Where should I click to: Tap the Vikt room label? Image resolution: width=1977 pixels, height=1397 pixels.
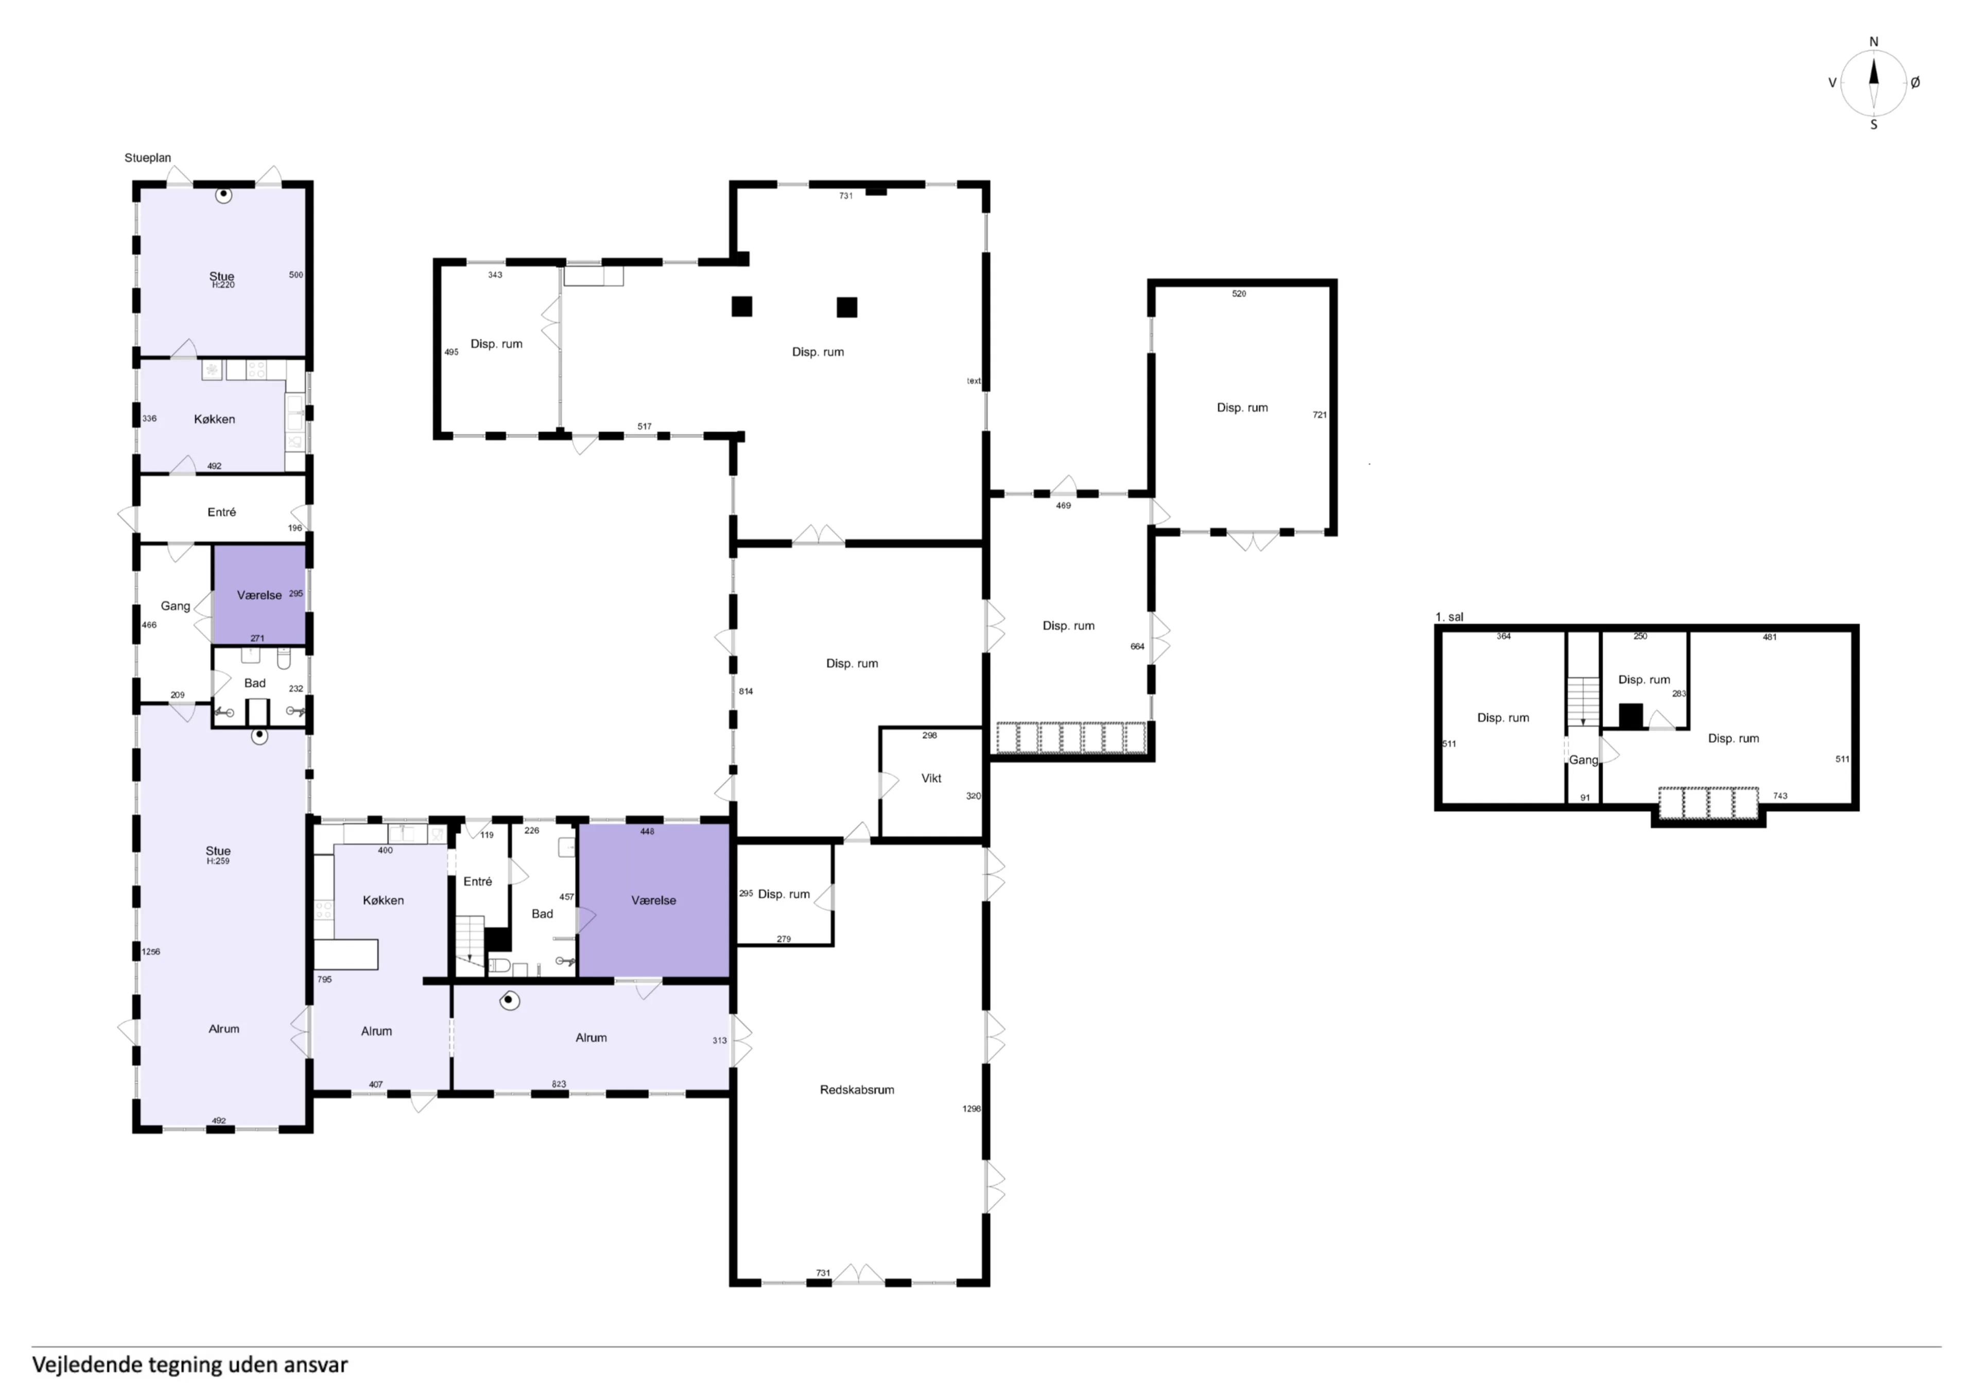pos(931,778)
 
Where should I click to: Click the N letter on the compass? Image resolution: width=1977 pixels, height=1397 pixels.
pos(1874,41)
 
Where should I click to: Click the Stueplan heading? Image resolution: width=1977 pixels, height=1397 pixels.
pos(147,157)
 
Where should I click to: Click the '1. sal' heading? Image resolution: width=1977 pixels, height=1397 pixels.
pos(1449,616)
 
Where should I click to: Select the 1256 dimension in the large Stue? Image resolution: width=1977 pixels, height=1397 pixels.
pos(151,952)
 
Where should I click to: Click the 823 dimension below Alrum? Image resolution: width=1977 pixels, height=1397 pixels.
pos(559,1085)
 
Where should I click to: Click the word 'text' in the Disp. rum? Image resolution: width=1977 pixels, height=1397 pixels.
pos(973,381)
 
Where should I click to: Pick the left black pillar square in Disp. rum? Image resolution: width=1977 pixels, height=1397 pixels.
pos(741,307)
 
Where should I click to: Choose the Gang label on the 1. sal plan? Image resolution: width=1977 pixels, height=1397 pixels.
pos(1583,760)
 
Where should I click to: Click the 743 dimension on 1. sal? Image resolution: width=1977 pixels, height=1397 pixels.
pos(1780,796)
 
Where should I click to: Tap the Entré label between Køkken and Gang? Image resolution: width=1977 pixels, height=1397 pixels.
pos(221,512)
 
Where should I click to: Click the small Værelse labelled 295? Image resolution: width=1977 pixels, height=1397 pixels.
pos(258,595)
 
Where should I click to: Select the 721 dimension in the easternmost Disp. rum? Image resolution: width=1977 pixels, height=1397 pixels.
pos(1319,415)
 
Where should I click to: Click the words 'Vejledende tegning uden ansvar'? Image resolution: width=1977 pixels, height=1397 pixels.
pos(189,1365)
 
